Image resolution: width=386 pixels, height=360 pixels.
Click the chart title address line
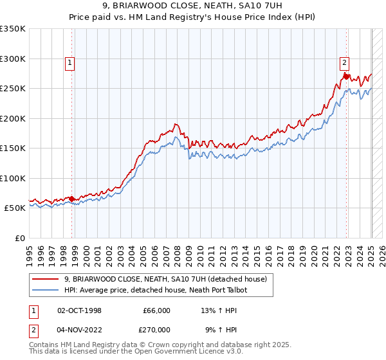[x=193, y=6]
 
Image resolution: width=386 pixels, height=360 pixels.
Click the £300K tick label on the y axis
[x=13, y=59]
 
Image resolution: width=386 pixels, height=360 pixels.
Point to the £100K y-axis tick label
[x=13, y=178]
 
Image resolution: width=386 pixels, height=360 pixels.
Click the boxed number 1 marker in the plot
[x=69, y=63]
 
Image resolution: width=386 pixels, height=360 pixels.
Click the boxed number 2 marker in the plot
[x=344, y=62]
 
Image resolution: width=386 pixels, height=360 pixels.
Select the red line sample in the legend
[x=45, y=279]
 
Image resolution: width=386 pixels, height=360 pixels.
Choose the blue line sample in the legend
[x=45, y=290]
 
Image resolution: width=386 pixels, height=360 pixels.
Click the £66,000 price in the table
[x=156, y=310]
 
